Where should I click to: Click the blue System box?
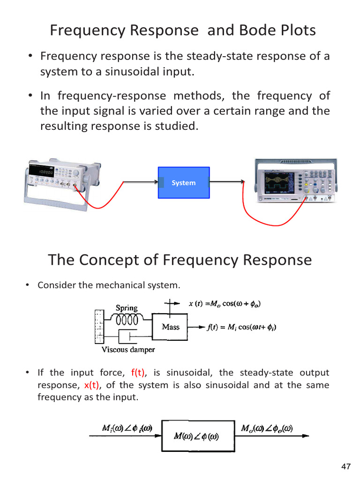coord(183,182)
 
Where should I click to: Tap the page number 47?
coord(346,466)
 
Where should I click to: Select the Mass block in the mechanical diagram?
coord(170,327)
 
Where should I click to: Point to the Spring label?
coord(127,308)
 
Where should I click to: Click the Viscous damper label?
coord(128,350)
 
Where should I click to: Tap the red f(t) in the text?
coord(139,373)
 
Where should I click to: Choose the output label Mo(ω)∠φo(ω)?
coord(267,428)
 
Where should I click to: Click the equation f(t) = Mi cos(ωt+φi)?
coord(241,327)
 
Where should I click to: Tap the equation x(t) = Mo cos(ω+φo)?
coord(225,304)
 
